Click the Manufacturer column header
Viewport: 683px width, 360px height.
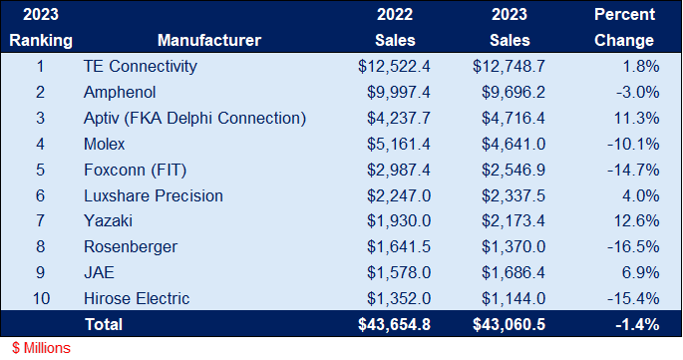tap(208, 41)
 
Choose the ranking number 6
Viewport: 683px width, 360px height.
tap(41, 195)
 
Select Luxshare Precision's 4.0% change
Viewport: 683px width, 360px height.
tap(639, 195)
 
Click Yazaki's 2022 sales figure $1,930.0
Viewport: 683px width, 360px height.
tap(395, 221)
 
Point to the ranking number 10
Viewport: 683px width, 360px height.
tap(41, 298)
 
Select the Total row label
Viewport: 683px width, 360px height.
tap(103, 324)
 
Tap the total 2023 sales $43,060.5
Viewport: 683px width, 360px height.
tap(506, 324)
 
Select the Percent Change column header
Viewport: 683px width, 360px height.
tap(624, 28)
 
